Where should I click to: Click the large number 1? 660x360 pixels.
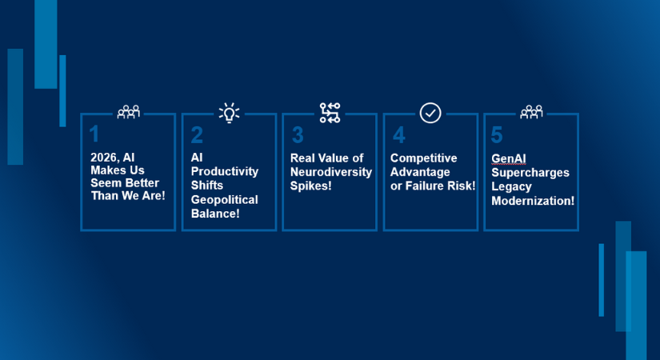[94, 134]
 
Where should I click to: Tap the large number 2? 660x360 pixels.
[197, 135]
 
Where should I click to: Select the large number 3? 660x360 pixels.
[298, 135]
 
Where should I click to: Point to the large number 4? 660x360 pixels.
[399, 135]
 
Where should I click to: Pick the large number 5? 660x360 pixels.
[497, 135]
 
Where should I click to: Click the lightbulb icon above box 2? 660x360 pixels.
[229, 113]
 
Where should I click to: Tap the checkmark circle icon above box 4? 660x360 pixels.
[430, 114]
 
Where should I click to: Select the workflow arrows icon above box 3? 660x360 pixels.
[330, 113]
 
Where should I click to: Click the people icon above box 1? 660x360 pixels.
[128, 112]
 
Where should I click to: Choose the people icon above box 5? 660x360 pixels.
[531, 112]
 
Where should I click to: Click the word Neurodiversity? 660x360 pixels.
[331, 172]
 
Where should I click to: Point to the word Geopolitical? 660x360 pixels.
[224, 199]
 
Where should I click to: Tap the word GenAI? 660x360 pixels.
[509, 158]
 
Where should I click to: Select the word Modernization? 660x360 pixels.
[533, 201]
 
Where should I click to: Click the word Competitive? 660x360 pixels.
[423, 158]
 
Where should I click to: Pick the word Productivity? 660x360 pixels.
[225, 171]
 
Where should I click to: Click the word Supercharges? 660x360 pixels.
[530, 173]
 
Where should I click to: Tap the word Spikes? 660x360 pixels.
[311, 186]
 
